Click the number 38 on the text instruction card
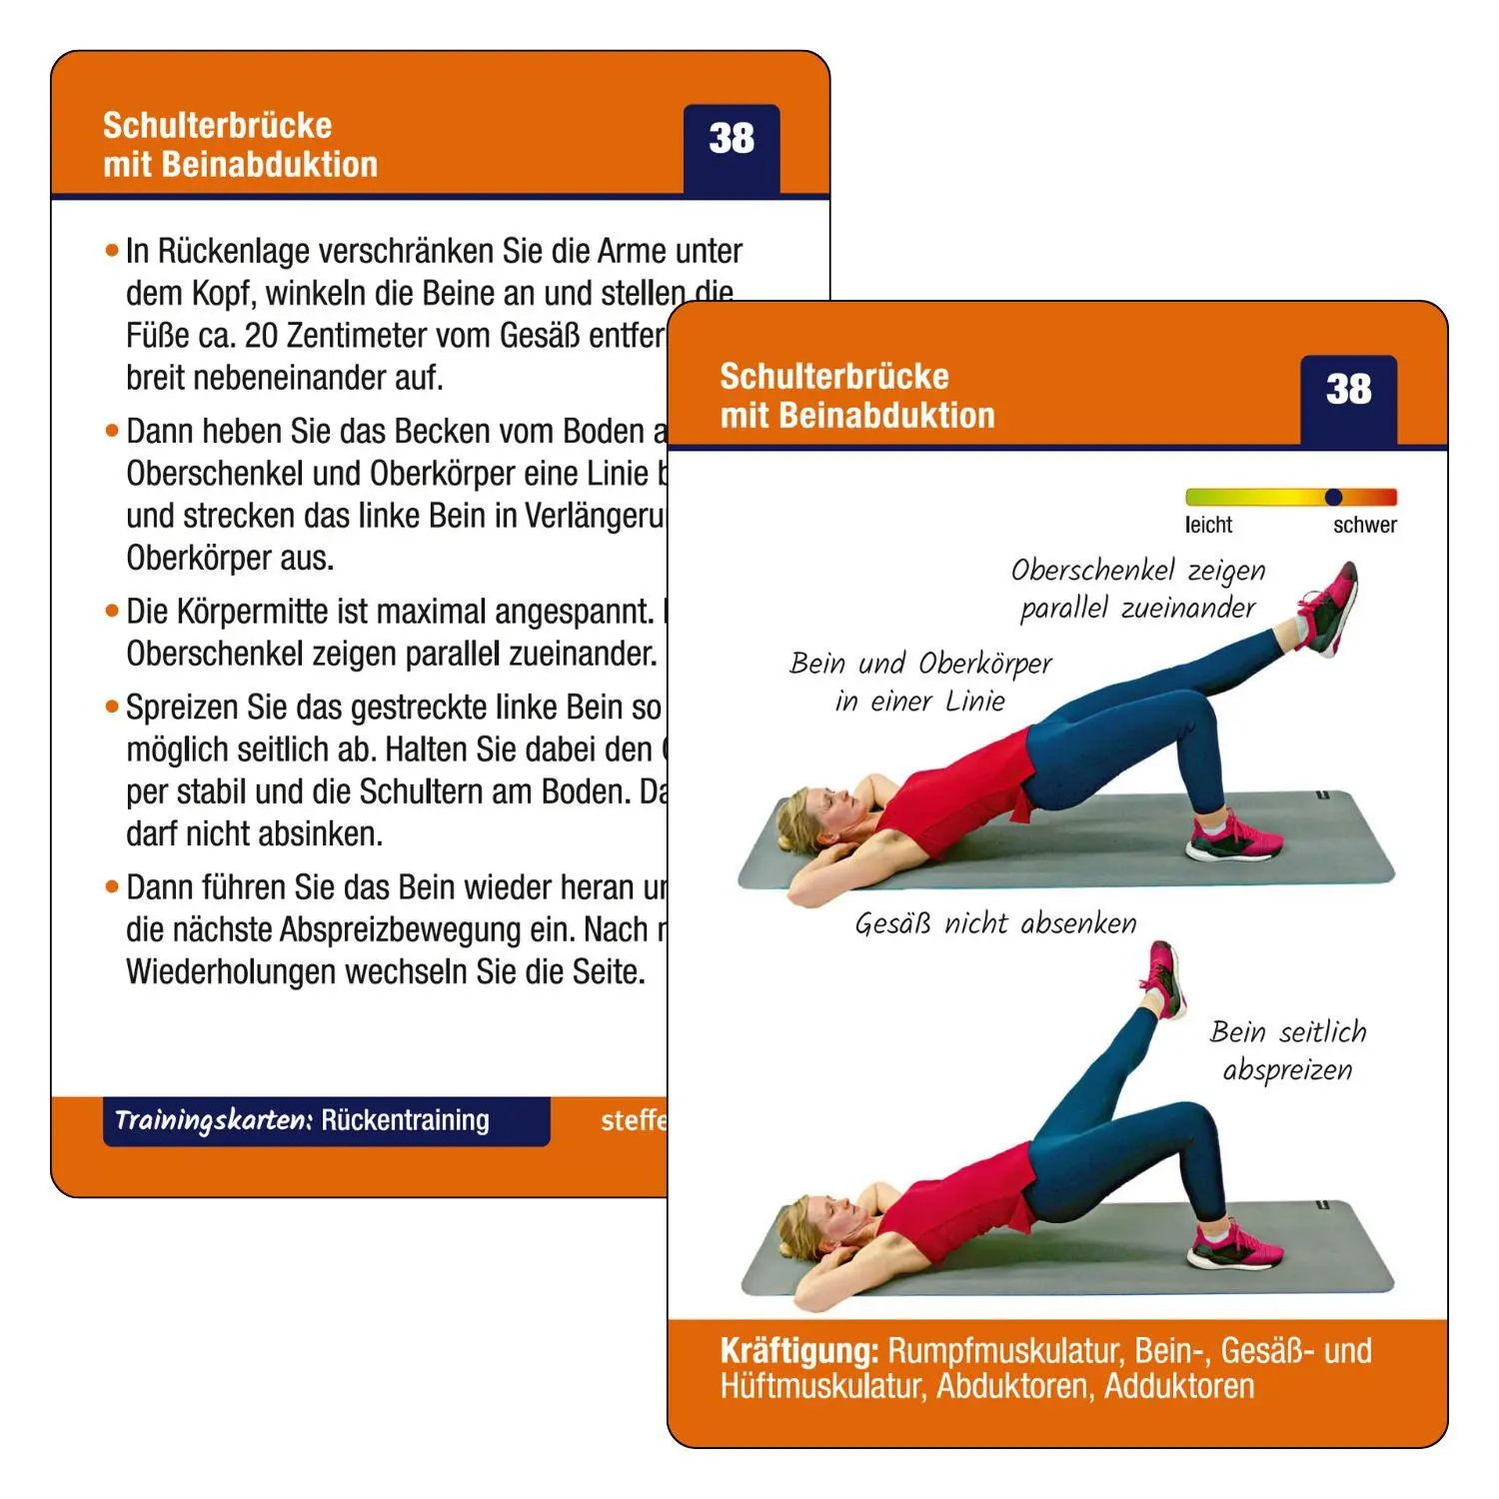click(731, 139)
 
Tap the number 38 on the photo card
click(1348, 390)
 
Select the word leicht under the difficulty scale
click(1208, 525)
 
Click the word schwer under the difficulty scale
click(1364, 525)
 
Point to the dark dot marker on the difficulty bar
click(1333, 497)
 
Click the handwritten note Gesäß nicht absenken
click(995, 923)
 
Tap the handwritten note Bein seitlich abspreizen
click(1287, 1050)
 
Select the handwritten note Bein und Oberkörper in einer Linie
click(920, 682)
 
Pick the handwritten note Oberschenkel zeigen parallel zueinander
click(1137, 589)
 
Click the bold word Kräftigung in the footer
click(798, 1351)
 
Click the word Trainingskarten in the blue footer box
click(214, 1120)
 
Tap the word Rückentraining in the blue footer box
click(405, 1120)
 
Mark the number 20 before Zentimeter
click(261, 336)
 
